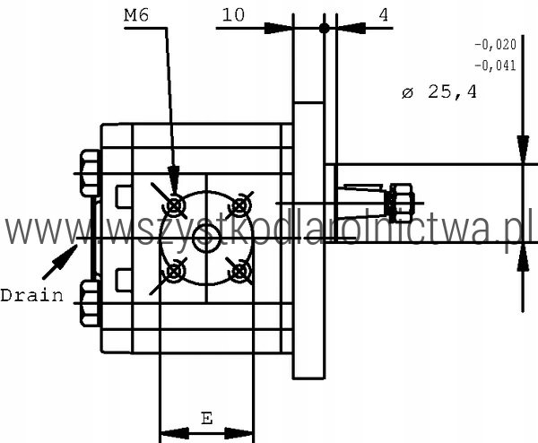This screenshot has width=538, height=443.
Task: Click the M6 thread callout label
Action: (x=136, y=15)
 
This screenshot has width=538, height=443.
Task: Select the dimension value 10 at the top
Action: (x=233, y=15)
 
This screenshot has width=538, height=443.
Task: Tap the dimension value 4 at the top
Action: (x=384, y=15)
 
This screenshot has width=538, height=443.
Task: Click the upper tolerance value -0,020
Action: (x=495, y=45)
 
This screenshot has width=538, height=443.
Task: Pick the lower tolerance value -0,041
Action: (x=495, y=65)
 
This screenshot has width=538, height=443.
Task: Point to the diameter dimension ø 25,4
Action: (x=439, y=92)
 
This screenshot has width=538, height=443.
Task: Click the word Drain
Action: (x=32, y=295)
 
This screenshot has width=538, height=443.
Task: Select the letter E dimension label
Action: (x=206, y=418)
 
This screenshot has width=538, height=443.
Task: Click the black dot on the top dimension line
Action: (x=325, y=28)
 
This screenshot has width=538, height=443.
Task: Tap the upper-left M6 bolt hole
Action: (x=175, y=206)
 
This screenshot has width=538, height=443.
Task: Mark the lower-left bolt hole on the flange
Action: (x=174, y=272)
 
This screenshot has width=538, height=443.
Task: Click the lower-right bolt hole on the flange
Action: (x=239, y=272)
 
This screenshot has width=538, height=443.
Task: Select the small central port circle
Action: (x=206, y=239)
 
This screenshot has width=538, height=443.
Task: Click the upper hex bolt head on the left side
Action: (x=90, y=173)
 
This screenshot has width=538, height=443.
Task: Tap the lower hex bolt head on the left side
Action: (x=90, y=303)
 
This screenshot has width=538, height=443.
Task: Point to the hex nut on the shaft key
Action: (x=402, y=204)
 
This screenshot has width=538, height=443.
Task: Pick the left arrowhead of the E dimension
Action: (x=175, y=433)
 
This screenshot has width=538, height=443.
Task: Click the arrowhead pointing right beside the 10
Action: (x=278, y=28)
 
